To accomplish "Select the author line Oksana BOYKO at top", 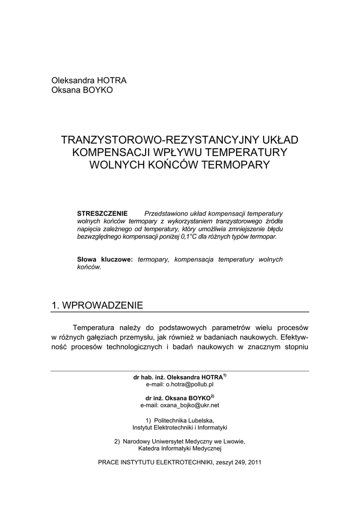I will (82, 90).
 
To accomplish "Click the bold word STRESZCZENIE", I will (102, 213).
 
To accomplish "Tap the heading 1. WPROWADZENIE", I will (97, 305).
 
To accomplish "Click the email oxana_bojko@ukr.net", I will (180, 405).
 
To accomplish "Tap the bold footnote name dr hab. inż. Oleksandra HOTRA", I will (178, 377).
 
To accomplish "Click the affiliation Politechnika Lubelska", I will (183, 420).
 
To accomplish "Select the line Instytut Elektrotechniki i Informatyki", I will (180, 427).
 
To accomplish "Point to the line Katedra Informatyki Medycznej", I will (180, 448).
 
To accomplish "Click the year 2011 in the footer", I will (254, 462).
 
